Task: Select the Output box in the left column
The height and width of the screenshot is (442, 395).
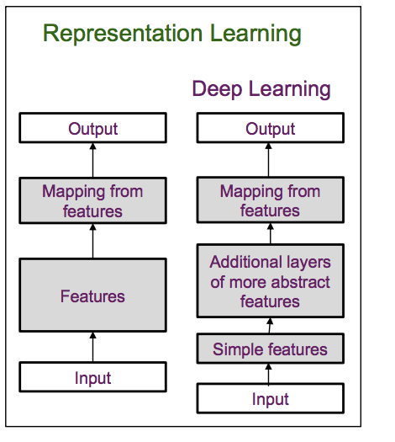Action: pyautogui.click(x=93, y=129)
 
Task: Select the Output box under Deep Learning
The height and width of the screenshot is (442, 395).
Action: pyautogui.click(x=270, y=129)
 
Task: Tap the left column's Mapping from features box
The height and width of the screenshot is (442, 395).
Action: pyautogui.click(x=93, y=201)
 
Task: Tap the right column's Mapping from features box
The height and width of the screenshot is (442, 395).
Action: pyautogui.click(x=270, y=201)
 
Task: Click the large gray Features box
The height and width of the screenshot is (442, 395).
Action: pyautogui.click(x=93, y=296)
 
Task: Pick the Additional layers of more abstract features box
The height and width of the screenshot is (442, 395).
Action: pyautogui.click(x=270, y=282)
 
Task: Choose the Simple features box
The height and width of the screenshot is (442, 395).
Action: pyautogui.click(x=270, y=349)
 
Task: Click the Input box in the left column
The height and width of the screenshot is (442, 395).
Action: pyautogui.click(x=93, y=378)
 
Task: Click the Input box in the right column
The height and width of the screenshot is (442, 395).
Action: pyautogui.click(x=270, y=399)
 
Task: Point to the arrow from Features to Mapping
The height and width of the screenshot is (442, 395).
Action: pyautogui.click(x=93, y=242)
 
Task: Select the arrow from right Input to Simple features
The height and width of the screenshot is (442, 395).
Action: pyautogui.click(x=270, y=374)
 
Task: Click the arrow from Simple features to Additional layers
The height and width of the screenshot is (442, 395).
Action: pyautogui.click(x=270, y=328)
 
